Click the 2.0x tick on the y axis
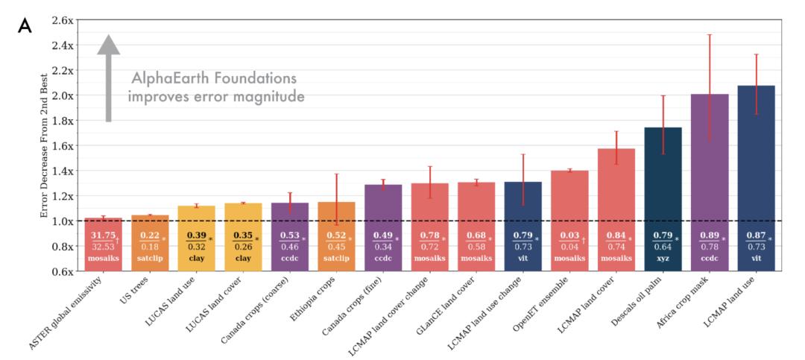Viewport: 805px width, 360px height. point(61,95)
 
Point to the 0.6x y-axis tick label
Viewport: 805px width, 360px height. point(61,271)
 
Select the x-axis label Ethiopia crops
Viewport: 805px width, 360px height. point(316,301)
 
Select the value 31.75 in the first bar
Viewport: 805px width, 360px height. point(102,236)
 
